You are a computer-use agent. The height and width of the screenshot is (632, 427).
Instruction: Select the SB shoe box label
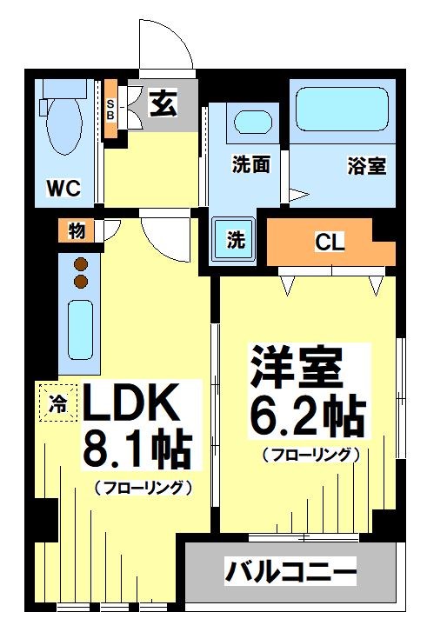point(111,110)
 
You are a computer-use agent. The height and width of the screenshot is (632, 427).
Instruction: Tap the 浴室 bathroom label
point(365,165)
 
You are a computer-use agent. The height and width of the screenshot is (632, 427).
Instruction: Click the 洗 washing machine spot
point(235,241)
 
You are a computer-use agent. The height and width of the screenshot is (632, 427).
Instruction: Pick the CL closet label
point(330,243)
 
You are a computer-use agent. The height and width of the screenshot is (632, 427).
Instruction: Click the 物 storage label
point(77,231)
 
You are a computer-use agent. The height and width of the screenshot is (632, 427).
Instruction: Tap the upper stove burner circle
point(81,265)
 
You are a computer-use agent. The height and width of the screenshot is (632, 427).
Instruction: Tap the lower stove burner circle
point(81,282)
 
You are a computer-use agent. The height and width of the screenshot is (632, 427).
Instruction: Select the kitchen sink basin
point(81,330)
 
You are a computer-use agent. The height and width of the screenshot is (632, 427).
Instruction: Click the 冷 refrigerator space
point(57,402)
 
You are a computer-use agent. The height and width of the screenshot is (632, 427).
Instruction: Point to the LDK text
point(130,405)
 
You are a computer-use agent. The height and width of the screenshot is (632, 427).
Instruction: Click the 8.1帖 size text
point(137,449)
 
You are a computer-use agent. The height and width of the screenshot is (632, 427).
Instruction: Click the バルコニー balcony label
point(291,572)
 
